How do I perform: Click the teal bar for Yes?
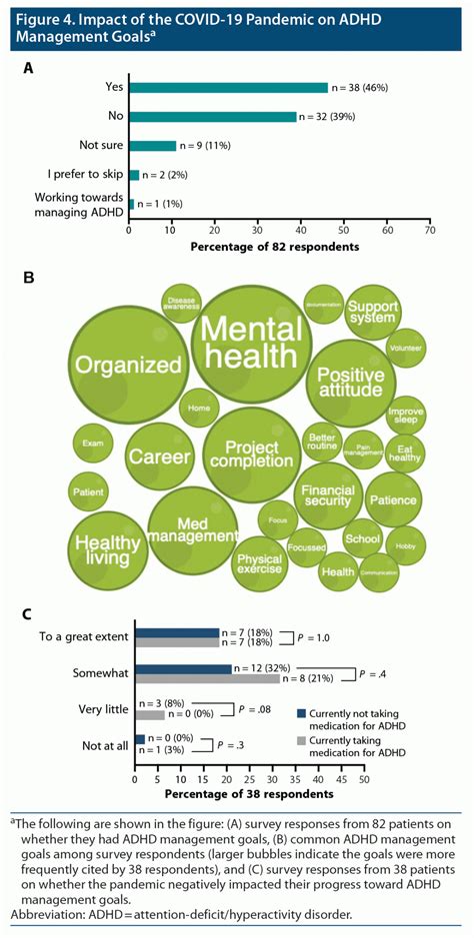point(228,87)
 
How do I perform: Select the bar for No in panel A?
point(212,116)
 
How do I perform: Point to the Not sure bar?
point(152,145)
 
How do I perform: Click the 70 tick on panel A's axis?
point(429,229)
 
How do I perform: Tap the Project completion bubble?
point(252,455)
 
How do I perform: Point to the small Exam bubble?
point(93,442)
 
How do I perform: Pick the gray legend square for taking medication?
point(301,743)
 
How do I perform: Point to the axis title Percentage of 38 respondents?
point(249,794)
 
